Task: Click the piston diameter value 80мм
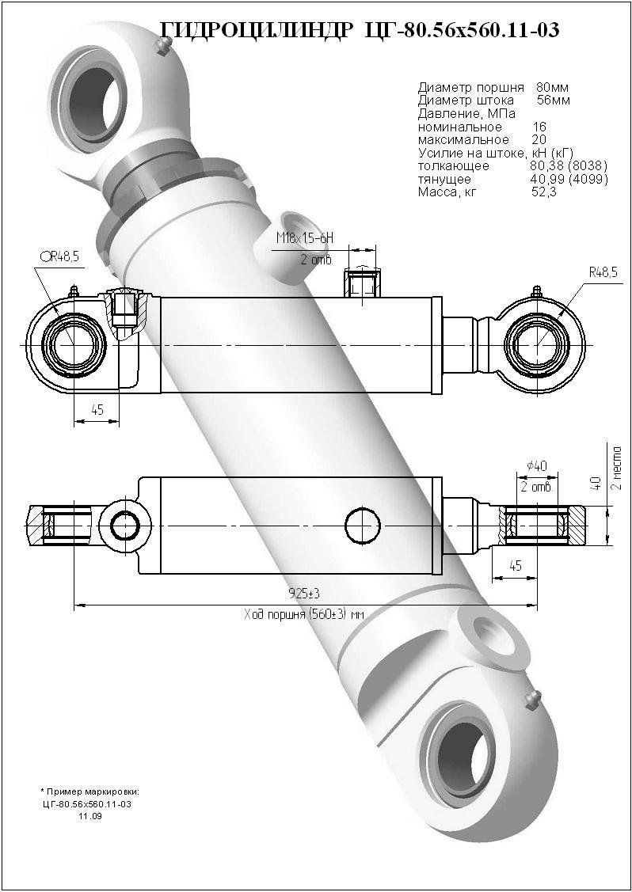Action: tap(552, 87)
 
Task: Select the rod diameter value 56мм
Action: tap(552, 100)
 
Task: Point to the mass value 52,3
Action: tap(544, 192)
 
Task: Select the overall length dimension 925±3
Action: tap(298, 593)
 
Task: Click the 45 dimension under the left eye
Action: tap(97, 410)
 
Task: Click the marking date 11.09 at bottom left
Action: tap(89, 816)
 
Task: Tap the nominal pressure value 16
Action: tap(539, 127)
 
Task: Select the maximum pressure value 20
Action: tap(539, 140)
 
